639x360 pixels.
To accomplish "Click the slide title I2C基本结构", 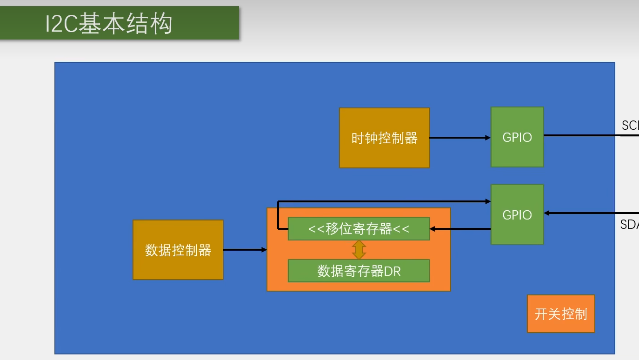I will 109,24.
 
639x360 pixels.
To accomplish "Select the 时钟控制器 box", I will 384,138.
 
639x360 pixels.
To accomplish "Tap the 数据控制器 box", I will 178,250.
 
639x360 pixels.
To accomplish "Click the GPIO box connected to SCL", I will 517,137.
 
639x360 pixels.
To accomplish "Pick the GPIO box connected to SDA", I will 517,214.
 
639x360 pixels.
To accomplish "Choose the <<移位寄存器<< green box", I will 359,229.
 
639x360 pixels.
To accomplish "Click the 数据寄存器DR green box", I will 359,271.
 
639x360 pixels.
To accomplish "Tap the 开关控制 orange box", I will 561,314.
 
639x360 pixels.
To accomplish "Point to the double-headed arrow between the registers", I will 359,250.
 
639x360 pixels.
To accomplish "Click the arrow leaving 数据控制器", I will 245,250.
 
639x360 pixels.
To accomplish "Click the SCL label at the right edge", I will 630,125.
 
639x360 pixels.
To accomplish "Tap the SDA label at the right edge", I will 629,224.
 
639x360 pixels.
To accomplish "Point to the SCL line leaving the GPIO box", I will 586,135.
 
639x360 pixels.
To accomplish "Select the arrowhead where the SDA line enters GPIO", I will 547,213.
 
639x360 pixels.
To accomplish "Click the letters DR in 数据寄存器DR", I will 392,271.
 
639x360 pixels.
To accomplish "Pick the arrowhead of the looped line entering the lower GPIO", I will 488,201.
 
